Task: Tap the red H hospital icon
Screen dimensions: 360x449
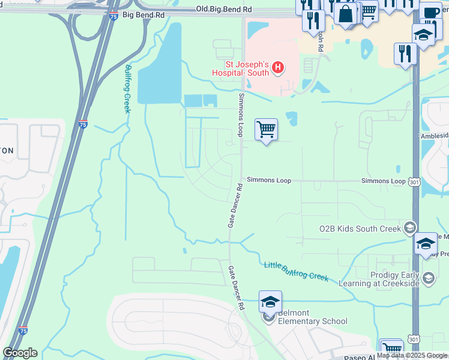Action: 278,67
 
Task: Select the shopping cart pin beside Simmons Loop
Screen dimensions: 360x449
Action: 266,129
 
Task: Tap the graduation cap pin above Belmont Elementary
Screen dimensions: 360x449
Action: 270,302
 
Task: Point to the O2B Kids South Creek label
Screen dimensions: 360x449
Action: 360,228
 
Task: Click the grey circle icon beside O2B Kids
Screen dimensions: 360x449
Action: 410,227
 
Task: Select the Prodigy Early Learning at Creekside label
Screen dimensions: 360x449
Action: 384,278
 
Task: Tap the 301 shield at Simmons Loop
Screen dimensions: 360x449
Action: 414,181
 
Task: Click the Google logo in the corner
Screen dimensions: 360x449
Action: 20,353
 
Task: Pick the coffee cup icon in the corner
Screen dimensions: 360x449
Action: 430,13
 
